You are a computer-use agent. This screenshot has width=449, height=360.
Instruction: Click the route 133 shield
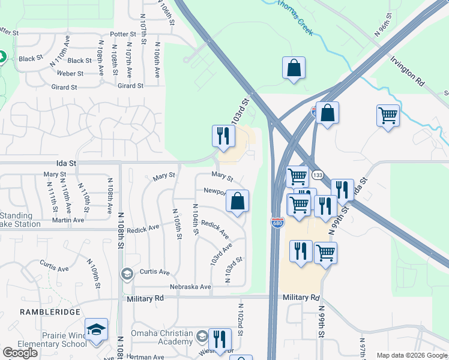point(318,175)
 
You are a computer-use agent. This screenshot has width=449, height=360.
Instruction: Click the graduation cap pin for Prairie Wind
point(96,330)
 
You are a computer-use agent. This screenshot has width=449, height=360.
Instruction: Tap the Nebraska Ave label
point(191,287)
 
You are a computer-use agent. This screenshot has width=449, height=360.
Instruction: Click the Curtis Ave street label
point(155,272)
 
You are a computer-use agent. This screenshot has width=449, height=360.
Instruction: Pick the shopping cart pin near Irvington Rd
point(388,115)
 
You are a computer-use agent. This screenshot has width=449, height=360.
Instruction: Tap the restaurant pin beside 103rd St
point(221,136)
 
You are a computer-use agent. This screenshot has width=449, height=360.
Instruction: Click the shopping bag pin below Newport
point(238,202)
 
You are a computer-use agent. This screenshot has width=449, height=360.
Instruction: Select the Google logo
point(20,353)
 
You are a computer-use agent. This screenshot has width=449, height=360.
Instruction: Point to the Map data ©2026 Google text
point(412,355)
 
